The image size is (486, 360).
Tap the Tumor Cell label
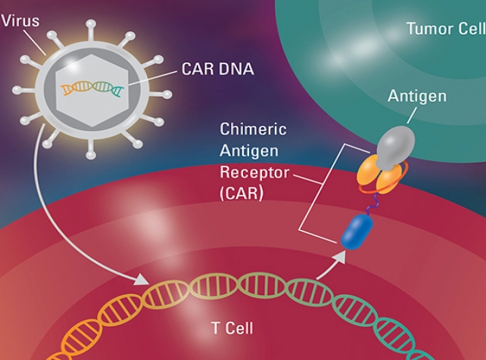[x=445, y=29]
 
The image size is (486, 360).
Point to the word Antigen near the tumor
[x=416, y=96]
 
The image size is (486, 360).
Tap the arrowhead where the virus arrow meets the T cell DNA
[x=144, y=281]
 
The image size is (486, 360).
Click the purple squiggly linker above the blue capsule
[x=371, y=203]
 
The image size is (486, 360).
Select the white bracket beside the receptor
[x=302, y=189]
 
